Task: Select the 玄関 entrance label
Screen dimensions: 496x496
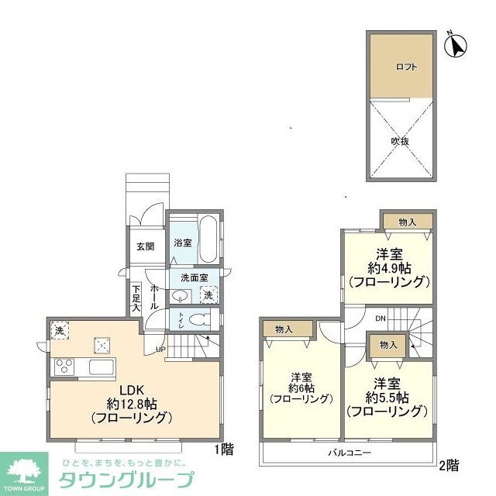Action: (x=146, y=246)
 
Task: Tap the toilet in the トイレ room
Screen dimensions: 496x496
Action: (x=198, y=319)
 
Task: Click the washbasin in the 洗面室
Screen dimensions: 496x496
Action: (x=180, y=295)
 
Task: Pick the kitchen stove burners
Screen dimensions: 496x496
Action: (x=63, y=366)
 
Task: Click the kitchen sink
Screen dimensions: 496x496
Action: (x=102, y=366)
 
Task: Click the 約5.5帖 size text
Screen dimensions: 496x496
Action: (x=388, y=398)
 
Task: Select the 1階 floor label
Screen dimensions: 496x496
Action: (x=223, y=448)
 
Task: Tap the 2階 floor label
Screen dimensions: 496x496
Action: (x=449, y=465)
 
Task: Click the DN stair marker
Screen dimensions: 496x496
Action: (x=380, y=318)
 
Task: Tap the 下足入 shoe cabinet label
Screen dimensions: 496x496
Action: (x=136, y=298)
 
